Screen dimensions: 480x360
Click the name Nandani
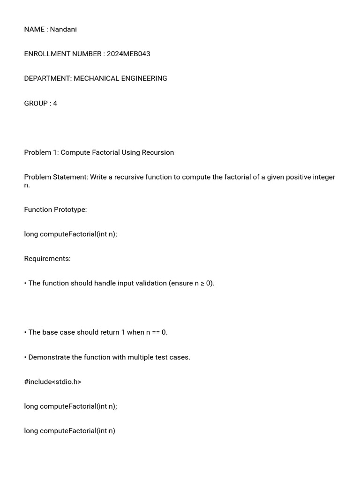coord(63,30)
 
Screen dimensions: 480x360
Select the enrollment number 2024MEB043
coord(128,54)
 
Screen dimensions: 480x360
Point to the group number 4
coord(55,104)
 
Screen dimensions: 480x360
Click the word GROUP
coord(36,104)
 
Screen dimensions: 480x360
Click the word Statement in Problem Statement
coord(73,177)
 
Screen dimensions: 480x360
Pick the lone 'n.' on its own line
coord(27,185)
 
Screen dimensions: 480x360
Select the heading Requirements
coord(47,259)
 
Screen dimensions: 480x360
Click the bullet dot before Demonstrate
coord(25,357)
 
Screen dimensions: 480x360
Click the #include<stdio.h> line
coord(52,382)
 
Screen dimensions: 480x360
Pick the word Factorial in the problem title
coord(105,152)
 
